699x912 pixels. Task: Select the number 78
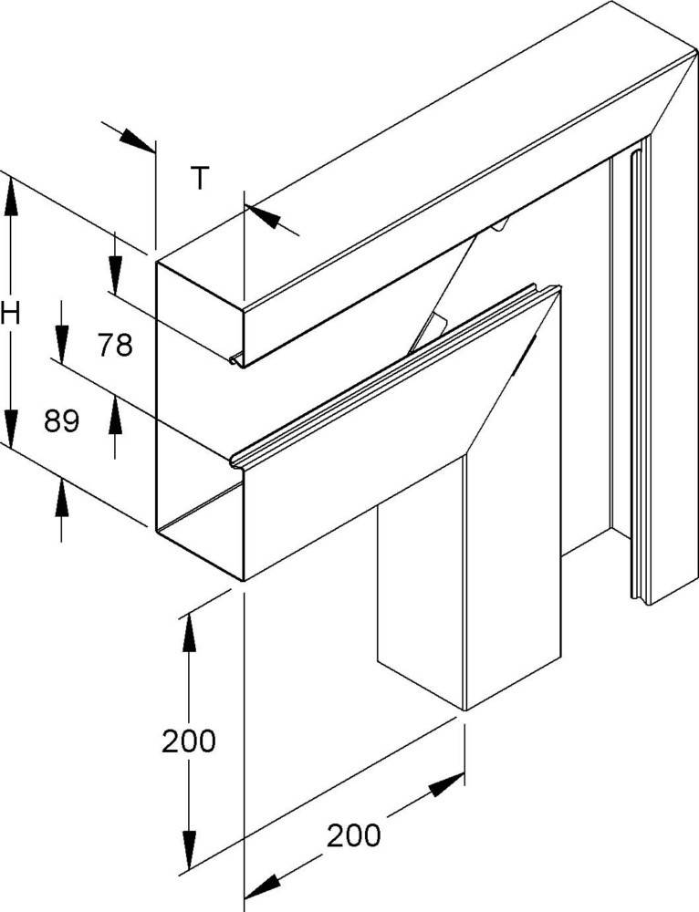116,345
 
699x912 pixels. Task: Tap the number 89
62,420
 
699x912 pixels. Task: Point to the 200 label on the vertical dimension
189,741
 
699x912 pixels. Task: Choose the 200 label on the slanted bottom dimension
354,834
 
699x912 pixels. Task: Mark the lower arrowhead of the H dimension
11,427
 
